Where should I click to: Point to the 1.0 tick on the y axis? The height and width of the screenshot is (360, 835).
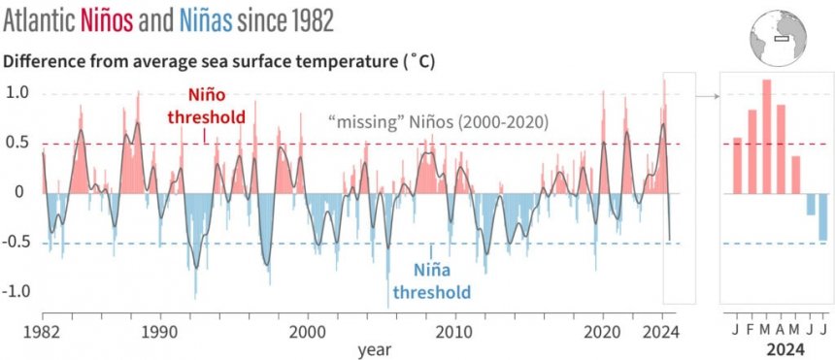(18, 93)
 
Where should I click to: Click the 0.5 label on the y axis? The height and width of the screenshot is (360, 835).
(18, 144)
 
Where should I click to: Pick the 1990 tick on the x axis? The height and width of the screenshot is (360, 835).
(160, 330)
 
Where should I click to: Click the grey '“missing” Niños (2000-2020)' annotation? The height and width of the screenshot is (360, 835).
(439, 122)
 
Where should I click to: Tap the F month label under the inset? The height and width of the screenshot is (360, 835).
(751, 330)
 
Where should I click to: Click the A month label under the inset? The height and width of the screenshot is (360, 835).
(781, 330)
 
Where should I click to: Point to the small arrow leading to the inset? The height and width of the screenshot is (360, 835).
(706, 96)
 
